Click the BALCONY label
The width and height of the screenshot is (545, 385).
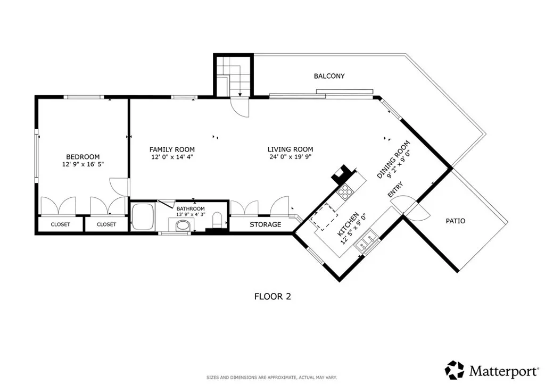click(329, 76)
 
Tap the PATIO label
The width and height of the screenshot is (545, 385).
click(455, 221)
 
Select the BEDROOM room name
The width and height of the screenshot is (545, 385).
click(82, 156)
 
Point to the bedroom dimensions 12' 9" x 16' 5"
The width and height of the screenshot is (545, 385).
click(82, 165)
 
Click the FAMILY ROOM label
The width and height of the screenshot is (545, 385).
click(172, 149)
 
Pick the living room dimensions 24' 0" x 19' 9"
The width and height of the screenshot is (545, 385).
click(290, 157)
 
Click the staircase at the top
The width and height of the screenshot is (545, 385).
click(233, 77)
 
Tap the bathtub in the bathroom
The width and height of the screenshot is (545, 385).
click(143, 217)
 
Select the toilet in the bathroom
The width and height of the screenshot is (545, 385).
click(217, 220)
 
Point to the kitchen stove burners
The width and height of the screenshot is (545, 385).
click(345, 191)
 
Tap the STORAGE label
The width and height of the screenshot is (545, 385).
click(265, 224)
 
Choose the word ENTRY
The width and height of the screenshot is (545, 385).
click(395, 191)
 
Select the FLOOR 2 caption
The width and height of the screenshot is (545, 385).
click(272, 297)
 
